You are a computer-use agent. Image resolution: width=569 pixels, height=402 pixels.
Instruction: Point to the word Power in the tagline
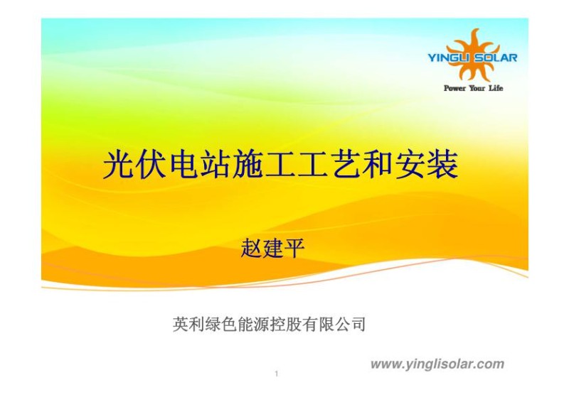(x=455, y=88)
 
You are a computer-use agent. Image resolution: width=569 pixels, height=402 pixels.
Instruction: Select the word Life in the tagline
(x=495, y=88)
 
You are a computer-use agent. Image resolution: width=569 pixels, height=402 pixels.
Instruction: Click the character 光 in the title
(x=118, y=165)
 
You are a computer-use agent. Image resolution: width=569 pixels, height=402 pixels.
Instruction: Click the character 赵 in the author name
(x=252, y=250)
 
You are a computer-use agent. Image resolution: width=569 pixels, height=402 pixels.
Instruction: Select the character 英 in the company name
(x=181, y=325)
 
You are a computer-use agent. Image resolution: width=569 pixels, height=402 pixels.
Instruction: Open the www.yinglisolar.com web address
(x=437, y=364)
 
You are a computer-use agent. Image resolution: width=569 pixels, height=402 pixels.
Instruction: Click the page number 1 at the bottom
(x=275, y=374)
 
